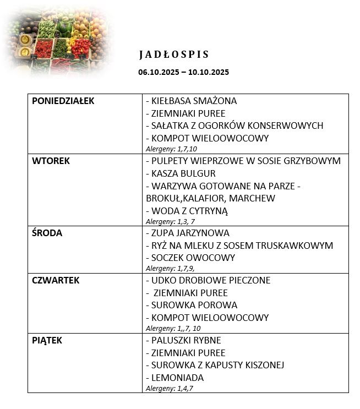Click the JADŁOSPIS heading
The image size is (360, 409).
pyautogui.click(x=174, y=54)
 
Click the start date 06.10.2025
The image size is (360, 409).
pyautogui.click(x=158, y=72)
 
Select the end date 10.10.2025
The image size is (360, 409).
pyautogui.click(x=209, y=72)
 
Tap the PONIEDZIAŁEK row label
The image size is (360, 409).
pyautogui.click(x=63, y=101)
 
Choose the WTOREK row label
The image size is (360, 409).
pyautogui.click(x=51, y=161)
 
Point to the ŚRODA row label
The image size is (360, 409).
pyautogui.click(x=47, y=233)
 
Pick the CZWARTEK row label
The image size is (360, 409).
pyautogui.click(x=56, y=280)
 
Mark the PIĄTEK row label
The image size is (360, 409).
pyautogui.click(x=47, y=340)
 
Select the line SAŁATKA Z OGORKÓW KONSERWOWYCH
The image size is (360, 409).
pyautogui.click(x=234, y=126)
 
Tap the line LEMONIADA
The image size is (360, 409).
pyautogui.click(x=174, y=378)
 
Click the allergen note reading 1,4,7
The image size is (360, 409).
pyautogui.click(x=170, y=388)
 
